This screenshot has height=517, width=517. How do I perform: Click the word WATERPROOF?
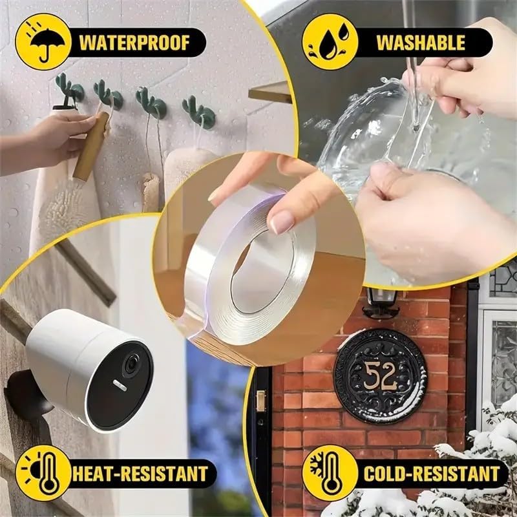[x=134, y=43]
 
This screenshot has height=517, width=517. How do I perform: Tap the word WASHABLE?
[x=421, y=43]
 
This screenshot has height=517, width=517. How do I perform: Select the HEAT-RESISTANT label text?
[x=140, y=474]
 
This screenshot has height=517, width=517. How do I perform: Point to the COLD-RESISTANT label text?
[x=432, y=474]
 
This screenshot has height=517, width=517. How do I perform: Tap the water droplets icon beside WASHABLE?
[x=330, y=41]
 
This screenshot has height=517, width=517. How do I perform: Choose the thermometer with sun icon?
[x=43, y=473]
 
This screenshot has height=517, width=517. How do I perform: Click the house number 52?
[x=381, y=376]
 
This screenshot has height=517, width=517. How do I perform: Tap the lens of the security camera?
[x=132, y=364]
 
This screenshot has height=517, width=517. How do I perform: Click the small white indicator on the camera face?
[x=120, y=385]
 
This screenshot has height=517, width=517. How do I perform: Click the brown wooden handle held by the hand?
[x=91, y=146]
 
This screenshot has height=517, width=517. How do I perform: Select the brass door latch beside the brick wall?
[x=260, y=401]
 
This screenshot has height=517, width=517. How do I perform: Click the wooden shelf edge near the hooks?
[x=270, y=92]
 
